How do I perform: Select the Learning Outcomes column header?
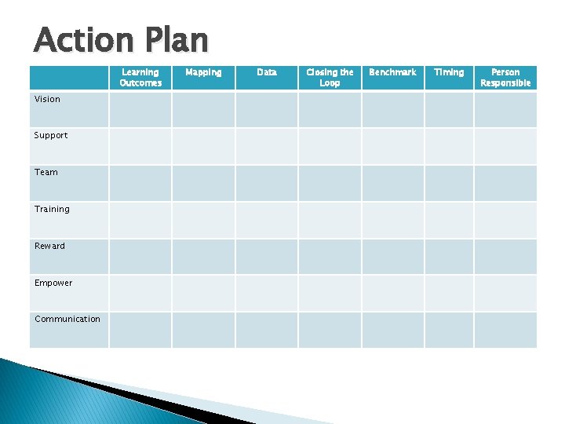pyautogui.click(x=140, y=77)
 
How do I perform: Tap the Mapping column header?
pyautogui.click(x=203, y=72)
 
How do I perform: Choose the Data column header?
pyautogui.click(x=267, y=72)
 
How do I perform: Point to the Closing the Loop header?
pyautogui.click(x=330, y=77)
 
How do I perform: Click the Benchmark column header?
pyautogui.click(x=392, y=72)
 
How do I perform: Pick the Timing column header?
pyautogui.click(x=449, y=72)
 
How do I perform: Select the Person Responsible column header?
pyautogui.click(x=505, y=77)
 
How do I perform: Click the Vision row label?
pyautogui.click(x=47, y=99)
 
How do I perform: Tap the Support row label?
pyautogui.click(x=51, y=135)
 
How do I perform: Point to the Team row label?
pyautogui.click(x=46, y=172)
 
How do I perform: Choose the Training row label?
pyautogui.click(x=52, y=209)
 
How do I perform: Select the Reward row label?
pyautogui.click(x=50, y=246)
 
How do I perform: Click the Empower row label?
pyautogui.click(x=53, y=283)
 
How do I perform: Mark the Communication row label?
pyautogui.click(x=67, y=319)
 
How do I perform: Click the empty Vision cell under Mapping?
pyautogui.click(x=203, y=110)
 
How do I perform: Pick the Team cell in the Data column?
pyautogui.click(x=267, y=183)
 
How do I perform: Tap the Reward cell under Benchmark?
pyautogui.click(x=392, y=257)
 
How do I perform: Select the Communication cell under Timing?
pyautogui.click(x=449, y=330)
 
